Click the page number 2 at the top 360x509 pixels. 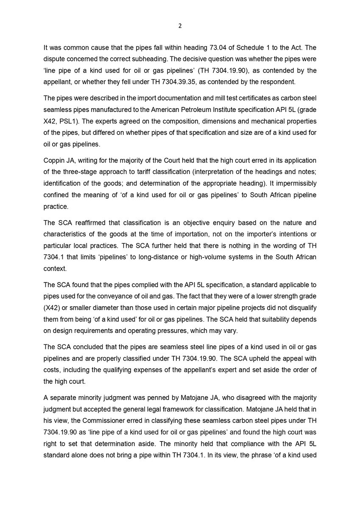coord(180,26)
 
